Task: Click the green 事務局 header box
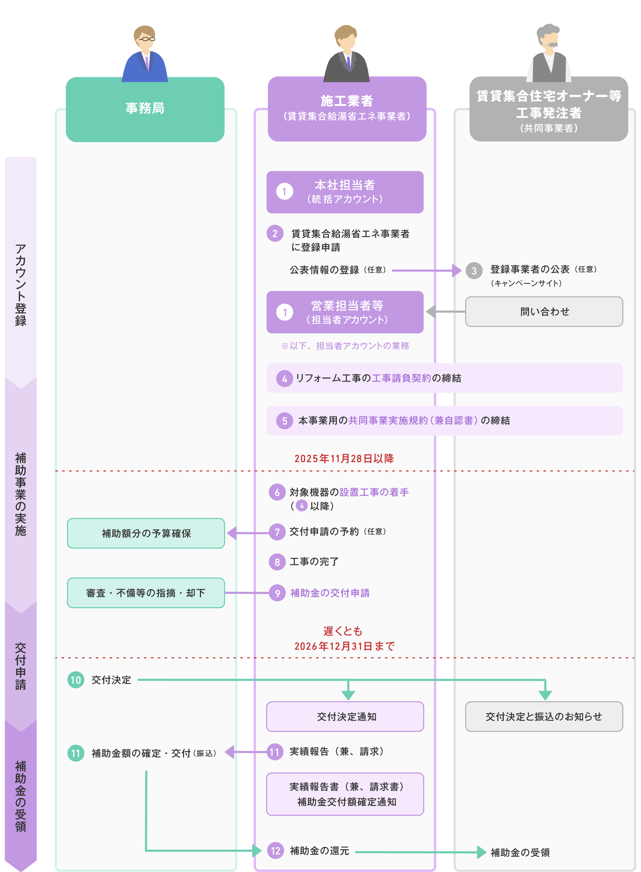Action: pyautogui.click(x=145, y=109)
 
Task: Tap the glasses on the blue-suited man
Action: pyautogui.click(x=146, y=39)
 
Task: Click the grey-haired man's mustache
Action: pyautogui.click(x=551, y=45)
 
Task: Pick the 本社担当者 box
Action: pyautogui.click(x=345, y=192)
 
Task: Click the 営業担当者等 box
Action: pyautogui.click(x=345, y=312)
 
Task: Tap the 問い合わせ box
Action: pyautogui.click(x=544, y=311)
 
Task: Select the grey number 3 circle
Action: pyautogui.click(x=474, y=271)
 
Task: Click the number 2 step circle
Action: pyautogui.click(x=275, y=233)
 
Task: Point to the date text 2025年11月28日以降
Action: pyautogui.click(x=344, y=458)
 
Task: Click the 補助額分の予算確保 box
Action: pyautogui.click(x=146, y=533)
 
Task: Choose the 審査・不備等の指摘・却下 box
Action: pyautogui.click(x=146, y=593)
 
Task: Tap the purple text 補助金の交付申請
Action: pyautogui.click(x=330, y=593)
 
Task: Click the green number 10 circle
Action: pyautogui.click(x=76, y=680)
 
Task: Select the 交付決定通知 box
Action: pyautogui.click(x=345, y=717)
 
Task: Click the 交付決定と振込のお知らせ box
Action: pyautogui.click(x=544, y=717)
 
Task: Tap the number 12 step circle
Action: pyautogui.click(x=276, y=851)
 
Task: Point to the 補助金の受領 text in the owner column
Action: pyautogui.click(x=520, y=852)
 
